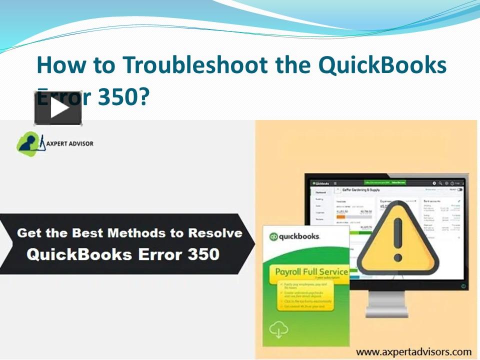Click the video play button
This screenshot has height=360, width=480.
[x=58, y=108]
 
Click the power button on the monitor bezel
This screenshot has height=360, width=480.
[x=462, y=286]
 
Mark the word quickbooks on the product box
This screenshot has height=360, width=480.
[x=299, y=237]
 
